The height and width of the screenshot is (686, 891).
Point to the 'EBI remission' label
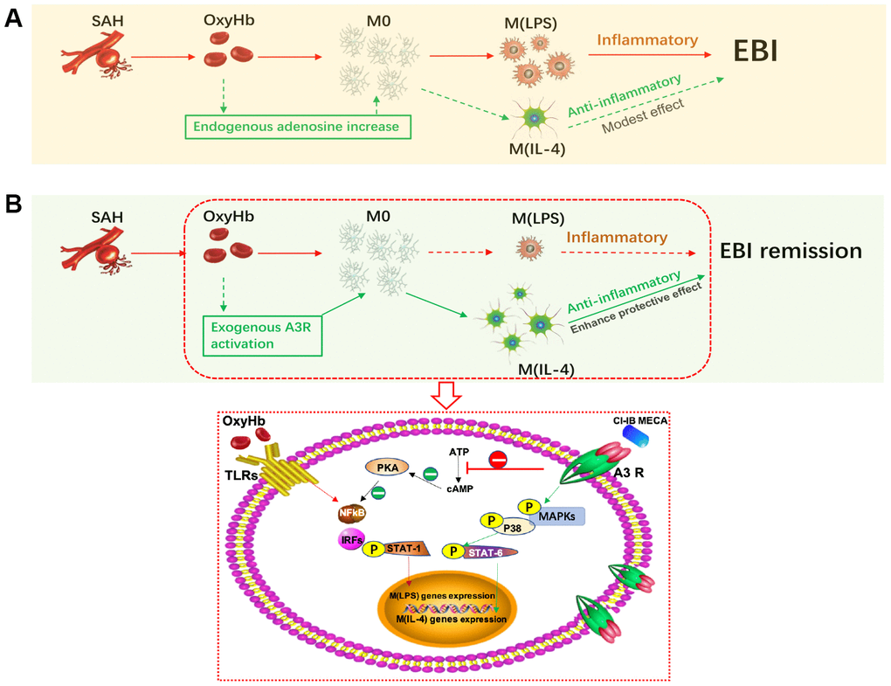tap(791, 252)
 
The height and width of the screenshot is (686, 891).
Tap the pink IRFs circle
tap(352, 540)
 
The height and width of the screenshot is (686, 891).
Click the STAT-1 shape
tap(411, 550)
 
